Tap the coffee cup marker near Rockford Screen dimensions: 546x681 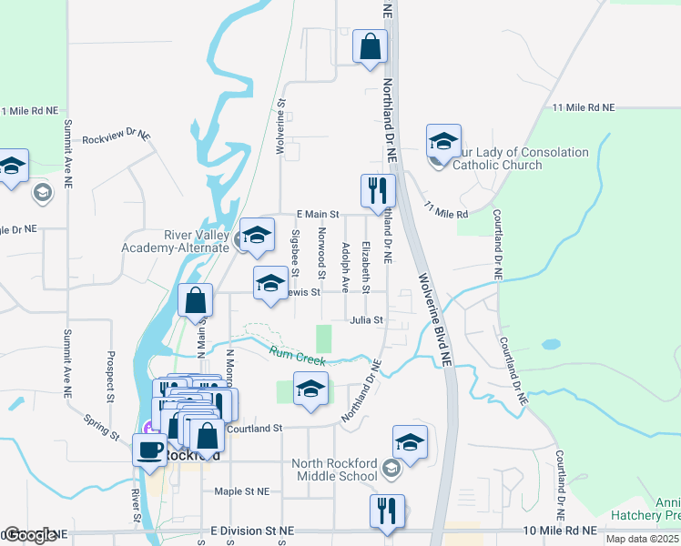(149, 449)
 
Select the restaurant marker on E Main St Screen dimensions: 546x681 (378, 191)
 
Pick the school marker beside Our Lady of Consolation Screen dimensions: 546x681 (443, 141)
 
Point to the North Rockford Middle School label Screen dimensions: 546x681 (334, 470)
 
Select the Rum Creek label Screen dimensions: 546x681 (291, 358)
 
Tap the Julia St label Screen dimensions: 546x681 (367, 320)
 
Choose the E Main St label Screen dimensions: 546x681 (318, 215)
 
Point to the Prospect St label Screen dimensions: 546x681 (110, 377)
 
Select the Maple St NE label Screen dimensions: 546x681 (241, 491)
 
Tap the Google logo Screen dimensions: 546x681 (30, 536)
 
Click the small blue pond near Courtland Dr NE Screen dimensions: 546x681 (549, 346)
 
